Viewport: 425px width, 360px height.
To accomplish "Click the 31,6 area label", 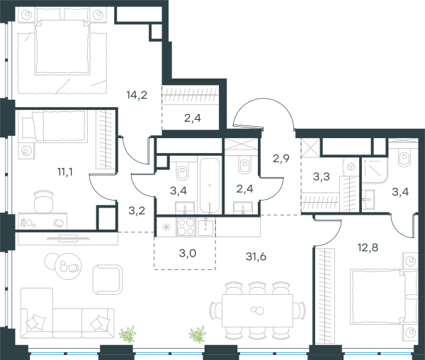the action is tap(256, 256).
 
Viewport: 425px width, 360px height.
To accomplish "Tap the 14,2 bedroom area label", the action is tap(137, 95).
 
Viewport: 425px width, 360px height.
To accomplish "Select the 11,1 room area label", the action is tap(64, 171).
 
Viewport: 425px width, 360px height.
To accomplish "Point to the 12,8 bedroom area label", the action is tap(368, 247).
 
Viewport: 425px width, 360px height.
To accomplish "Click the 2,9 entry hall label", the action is tap(281, 158).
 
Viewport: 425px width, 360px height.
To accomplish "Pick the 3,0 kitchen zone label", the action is tap(188, 253).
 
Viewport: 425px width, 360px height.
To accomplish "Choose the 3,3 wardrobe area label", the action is tap(321, 176).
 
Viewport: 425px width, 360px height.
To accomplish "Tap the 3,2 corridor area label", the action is tap(137, 210).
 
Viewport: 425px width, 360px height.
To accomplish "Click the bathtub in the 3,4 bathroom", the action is tap(210, 186).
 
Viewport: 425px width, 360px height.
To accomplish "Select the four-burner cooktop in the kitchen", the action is tap(186, 227).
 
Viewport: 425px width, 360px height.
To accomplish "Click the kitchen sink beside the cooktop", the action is tap(205, 227).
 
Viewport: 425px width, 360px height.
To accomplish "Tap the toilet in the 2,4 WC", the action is tap(245, 165).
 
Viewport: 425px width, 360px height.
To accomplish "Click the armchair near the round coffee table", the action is tap(107, 279).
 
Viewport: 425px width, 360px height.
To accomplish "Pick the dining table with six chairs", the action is tap(257, 310).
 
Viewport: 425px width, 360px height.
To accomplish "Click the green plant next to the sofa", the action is tap(127, 334).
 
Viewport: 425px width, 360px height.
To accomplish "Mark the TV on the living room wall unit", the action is tap(68, 238).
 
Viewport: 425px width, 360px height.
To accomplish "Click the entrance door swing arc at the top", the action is tap(263, 103).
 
